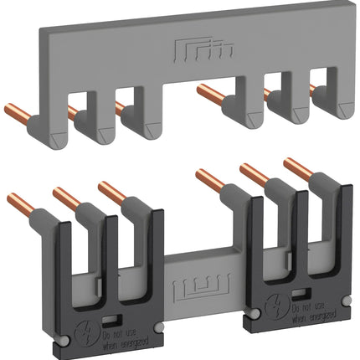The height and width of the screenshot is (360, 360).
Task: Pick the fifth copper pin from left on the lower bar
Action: click(x=252, y=172)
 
